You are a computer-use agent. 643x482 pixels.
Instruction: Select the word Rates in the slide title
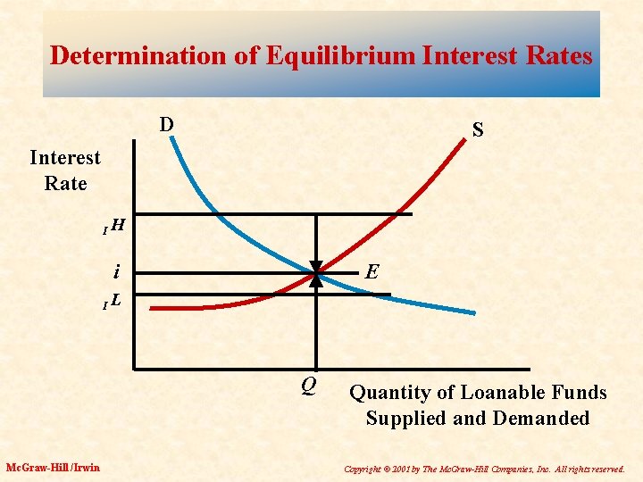tap(558, 55)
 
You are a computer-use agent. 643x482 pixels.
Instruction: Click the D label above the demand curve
tap(166, 123)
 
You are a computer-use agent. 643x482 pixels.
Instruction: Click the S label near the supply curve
tap(478, 130)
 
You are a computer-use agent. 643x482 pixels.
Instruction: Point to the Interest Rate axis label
tap(65, 170)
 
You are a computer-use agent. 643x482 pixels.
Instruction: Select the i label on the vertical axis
tap(116, 270)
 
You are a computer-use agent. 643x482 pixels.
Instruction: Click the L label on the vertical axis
tap(117, 303)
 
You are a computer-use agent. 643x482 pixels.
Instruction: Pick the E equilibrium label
tap(372, 270)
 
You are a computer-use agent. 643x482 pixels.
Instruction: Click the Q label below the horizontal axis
tap(308, 386)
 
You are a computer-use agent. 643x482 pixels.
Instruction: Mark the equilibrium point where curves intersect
tap(316, 271)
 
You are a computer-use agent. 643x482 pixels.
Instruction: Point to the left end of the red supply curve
tap(153, 309)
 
